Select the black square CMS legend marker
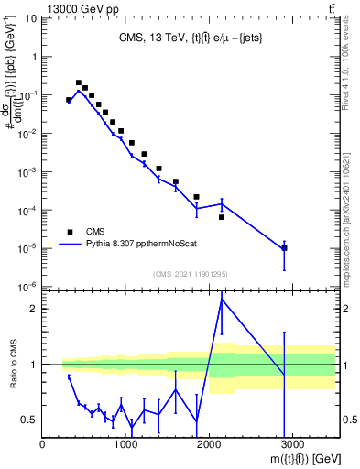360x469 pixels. tap(69, 232)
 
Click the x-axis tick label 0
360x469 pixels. tap(43, 445)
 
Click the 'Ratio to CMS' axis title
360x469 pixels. tap(13, 364)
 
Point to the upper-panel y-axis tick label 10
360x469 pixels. tap(30, 17)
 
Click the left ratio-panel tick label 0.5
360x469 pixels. tap(30, 420)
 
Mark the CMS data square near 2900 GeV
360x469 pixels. tap(285, 248)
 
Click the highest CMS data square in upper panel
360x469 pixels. tap(79, 82)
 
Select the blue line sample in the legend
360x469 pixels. tap(69, 245)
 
